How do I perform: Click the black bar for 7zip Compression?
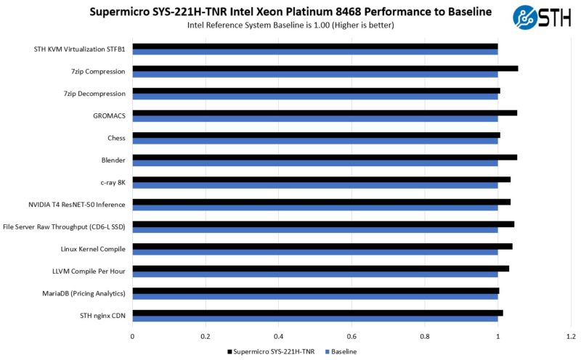(325, 68)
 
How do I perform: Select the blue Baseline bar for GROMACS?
(314, 118)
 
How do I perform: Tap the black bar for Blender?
(324, 157)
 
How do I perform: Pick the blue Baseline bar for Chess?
(314, 141)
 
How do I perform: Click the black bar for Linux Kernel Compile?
(322, 246)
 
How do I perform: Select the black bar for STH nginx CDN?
(317, 313)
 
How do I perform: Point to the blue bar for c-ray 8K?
(314, 185)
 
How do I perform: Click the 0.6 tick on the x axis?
(352, 336)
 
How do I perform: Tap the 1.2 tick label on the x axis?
(571, 336)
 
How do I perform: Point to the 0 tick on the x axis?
(132, 336)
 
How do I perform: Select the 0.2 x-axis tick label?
(206, 336)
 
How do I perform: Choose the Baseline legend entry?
(341, 351)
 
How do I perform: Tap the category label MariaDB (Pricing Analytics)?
(84, 293)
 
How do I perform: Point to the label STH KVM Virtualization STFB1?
(80, 49)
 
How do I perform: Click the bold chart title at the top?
(290, 12)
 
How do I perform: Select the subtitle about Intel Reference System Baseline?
(290, 25)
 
